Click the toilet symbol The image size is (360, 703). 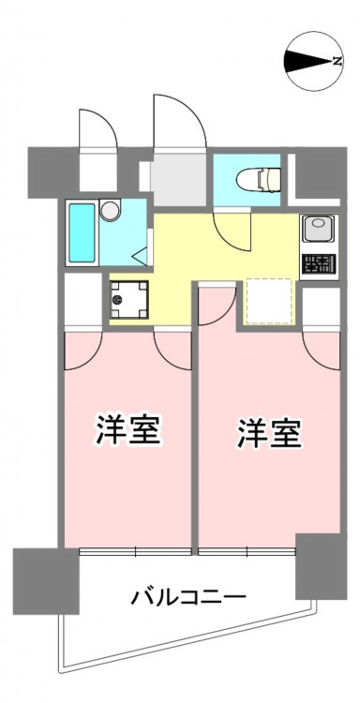point(258,178)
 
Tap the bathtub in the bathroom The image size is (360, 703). point(82,232)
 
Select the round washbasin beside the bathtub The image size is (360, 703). point(111,209)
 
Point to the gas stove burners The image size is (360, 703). point(319,264)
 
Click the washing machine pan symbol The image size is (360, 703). point(129,300)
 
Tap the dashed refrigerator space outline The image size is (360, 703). point(268,302)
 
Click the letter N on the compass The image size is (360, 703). point(337,62)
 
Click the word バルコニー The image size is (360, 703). point(188,598)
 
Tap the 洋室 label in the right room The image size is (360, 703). point(269,433)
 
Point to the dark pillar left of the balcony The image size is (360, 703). point(46,581)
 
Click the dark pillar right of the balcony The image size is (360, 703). point(321,567)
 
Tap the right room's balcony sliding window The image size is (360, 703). point(247,551)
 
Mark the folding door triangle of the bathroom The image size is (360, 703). point(140,256)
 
